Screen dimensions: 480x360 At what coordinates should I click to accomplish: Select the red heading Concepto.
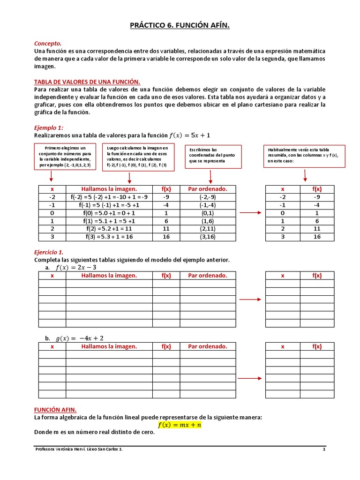click(x=48, y=43)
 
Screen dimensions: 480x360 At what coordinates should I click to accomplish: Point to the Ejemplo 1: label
click(x=49, y=127)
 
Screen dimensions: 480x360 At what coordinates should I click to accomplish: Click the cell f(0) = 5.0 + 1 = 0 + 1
click(x=109, y=213)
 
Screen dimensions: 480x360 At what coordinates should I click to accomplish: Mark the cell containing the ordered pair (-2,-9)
click(x=208, y=197)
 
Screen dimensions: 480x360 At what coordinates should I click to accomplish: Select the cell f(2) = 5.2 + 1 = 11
click(x=109, y=229)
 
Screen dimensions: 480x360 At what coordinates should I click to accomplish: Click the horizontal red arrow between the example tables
click(x=250, y=213)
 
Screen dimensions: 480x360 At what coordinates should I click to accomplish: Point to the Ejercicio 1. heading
click(x=49, y=252)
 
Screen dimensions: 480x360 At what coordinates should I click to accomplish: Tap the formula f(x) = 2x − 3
click(x=76, y=268)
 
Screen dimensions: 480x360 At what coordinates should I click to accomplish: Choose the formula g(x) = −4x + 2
click(x=80, y=338)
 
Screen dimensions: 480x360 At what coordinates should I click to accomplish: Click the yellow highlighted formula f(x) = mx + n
click(x=180, y=425)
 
